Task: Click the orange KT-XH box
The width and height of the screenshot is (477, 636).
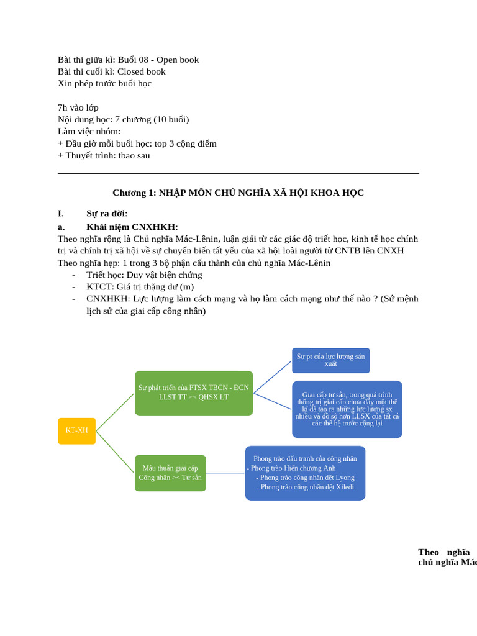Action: pos(77,430)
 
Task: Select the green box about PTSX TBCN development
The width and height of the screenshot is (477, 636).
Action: pos(194,393)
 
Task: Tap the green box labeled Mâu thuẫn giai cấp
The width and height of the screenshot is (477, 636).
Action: pos(170,473)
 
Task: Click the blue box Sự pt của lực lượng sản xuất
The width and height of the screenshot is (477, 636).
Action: pos(330,360)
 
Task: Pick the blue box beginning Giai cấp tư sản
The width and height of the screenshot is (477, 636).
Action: pos(347,409)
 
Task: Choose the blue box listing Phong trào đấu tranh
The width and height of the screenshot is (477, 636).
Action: pos(305,473)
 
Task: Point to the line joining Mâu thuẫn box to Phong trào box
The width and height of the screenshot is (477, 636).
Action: pos(225,473)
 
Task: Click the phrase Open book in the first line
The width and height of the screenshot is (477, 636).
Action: pos(178,60)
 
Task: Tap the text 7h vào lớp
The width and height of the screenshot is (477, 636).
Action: pos(78,107)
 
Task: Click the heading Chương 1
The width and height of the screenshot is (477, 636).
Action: pos(238,193)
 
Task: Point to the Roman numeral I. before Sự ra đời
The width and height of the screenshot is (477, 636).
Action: pos(61,214)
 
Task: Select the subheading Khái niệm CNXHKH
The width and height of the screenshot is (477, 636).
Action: pos(132,227)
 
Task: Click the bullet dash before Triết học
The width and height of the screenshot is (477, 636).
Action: pos(73,275)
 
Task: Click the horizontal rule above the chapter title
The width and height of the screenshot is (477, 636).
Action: pos(238,173)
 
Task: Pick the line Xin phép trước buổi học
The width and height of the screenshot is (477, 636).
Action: pos(104,83)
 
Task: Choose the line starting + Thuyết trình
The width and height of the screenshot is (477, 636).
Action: pos(104,155)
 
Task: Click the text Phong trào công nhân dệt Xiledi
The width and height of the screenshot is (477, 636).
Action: pos(307,487)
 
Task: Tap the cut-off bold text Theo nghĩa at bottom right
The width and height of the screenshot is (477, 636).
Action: pos(443,552)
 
